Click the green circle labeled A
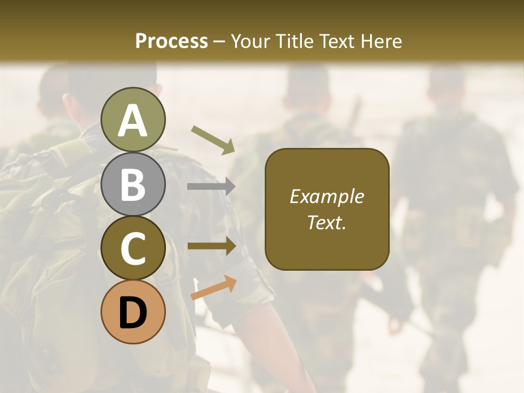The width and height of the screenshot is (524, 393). click(133, 120)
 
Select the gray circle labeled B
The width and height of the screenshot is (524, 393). click(133, 184)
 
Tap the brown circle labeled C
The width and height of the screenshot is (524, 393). click(133, 248)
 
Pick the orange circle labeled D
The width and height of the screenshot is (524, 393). click(133, 312)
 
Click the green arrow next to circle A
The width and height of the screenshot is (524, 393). click(213, 139)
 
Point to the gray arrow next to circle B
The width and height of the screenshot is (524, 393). click(211, 187)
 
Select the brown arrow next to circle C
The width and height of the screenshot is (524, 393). click(212, 246)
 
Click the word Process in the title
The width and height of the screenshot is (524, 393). click(171, 41)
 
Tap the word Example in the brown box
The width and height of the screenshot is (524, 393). click(326, 196)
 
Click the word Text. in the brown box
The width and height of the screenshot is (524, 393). click(326, 222)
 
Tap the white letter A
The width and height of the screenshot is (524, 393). click(133, 121)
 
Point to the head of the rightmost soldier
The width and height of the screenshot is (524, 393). click(446, 85)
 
